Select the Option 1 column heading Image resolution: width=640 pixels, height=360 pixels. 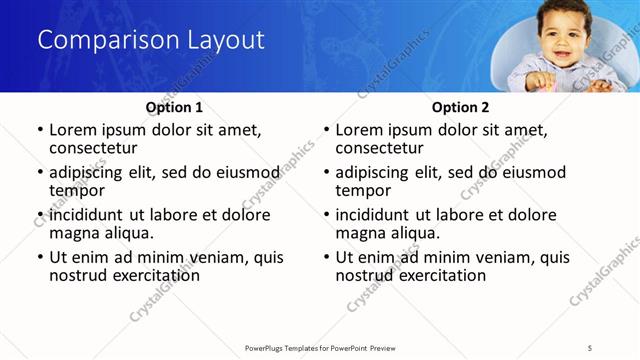[174, 107]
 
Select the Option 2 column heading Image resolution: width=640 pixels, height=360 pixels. [460, 107]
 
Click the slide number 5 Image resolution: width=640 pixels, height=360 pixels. [589, 347]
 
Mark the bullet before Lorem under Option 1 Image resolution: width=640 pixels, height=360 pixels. [40, 131]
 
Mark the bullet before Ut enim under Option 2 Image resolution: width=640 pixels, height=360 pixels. [326, 257]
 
